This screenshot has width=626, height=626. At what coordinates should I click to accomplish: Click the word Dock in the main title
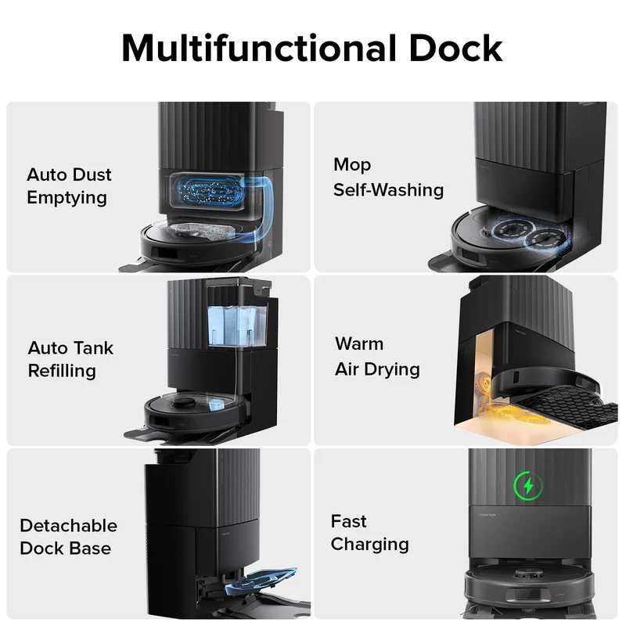(455, 48)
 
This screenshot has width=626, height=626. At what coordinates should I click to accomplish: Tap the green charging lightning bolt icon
(528, 486)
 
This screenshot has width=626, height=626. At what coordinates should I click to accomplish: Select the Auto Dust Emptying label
(69, 186)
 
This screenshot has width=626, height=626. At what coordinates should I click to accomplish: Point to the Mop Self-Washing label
(388, 178)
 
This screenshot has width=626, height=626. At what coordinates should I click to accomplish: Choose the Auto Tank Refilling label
(70, 359)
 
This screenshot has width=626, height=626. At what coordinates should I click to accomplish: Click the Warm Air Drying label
(377, 357)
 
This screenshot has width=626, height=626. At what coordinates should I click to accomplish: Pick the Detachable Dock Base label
(68, 537)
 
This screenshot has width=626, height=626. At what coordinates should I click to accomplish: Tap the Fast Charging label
(369, 533)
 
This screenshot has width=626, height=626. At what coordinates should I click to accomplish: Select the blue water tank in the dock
(238, 326)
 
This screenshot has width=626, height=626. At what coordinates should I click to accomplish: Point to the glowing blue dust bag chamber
(207, 190)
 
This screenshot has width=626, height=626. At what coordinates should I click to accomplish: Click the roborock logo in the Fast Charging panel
(487, 515)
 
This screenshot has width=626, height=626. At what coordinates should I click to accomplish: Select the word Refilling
(62, 371)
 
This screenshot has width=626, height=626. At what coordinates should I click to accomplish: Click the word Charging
(369, 545)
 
